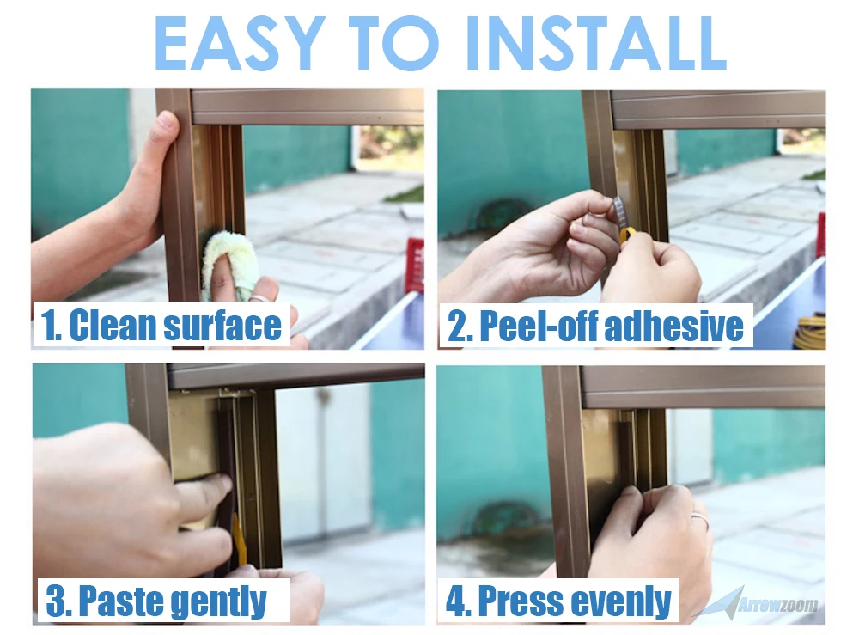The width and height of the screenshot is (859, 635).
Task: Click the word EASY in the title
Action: (x=237, y=43)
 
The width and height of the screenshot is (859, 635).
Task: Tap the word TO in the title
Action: (x=393, y=43)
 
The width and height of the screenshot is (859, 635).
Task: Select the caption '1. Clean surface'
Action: (x=161, y=325)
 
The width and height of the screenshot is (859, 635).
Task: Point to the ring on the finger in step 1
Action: (x=259, y=298)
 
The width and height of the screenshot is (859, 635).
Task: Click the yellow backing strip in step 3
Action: (x=237, y=541)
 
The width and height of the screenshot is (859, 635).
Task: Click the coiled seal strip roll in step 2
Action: (x=810, y=332)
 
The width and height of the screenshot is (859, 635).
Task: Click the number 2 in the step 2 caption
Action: (x=456, y=327)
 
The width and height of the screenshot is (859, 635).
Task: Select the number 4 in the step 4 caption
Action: (x=455, y=601)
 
